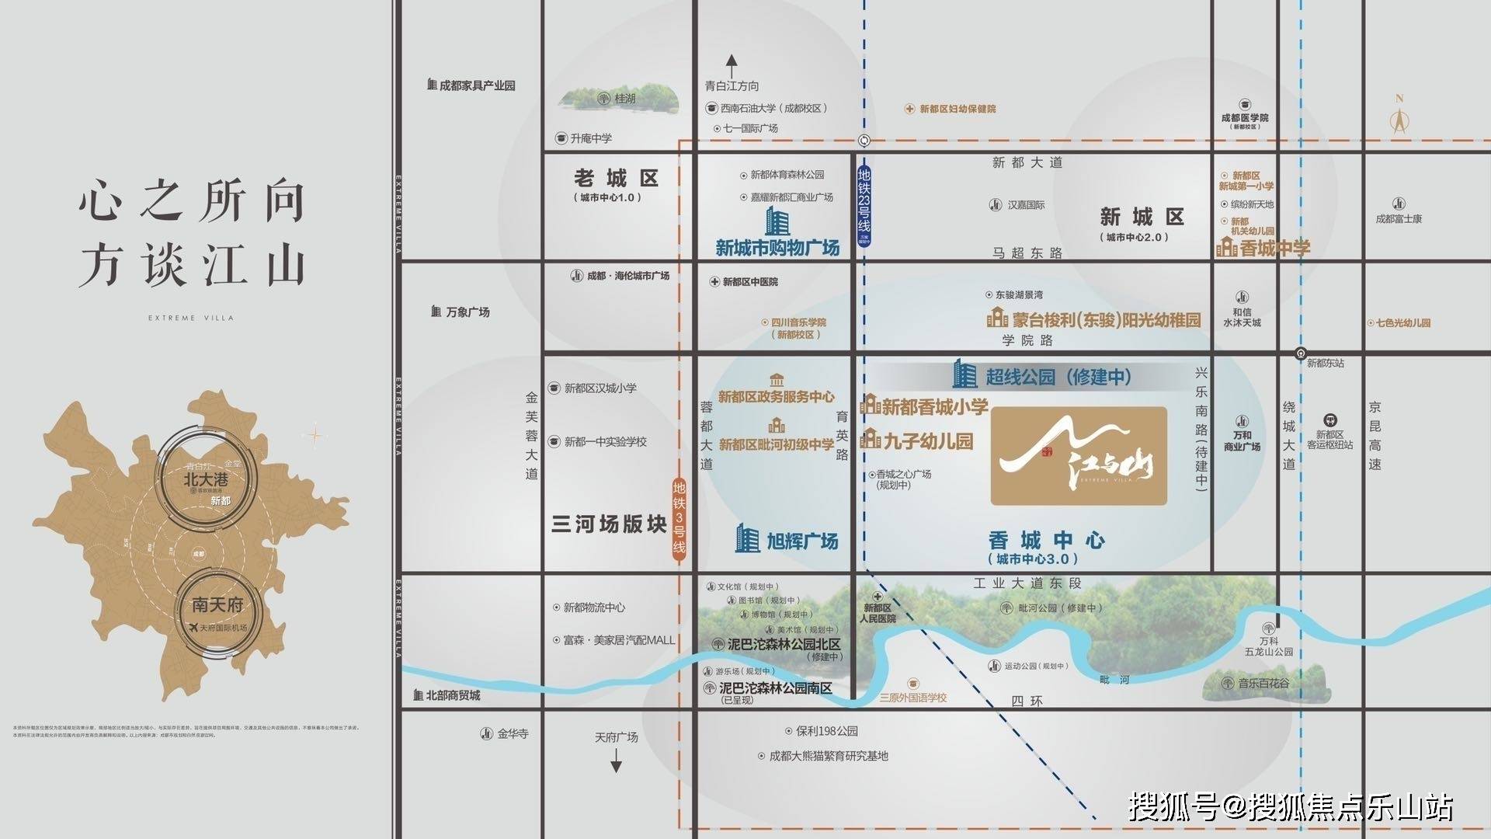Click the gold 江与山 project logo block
point(1079,456)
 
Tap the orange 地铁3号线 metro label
point(679,517)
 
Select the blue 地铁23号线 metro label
point(864,206)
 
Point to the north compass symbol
point(1399,117)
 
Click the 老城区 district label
point(617,179)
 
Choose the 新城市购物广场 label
point(777,248)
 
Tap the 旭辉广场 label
point(801,541)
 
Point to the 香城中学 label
point(1274,249)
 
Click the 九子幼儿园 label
point(927,441)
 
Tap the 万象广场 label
point(467,312)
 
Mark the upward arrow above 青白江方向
point(731,65)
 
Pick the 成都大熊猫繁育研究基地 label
point(828,756)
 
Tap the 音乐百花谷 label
point(1263,684)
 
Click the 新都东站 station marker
point(1301,353)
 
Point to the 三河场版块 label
point(609,524)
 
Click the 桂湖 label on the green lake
point(624,99)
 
